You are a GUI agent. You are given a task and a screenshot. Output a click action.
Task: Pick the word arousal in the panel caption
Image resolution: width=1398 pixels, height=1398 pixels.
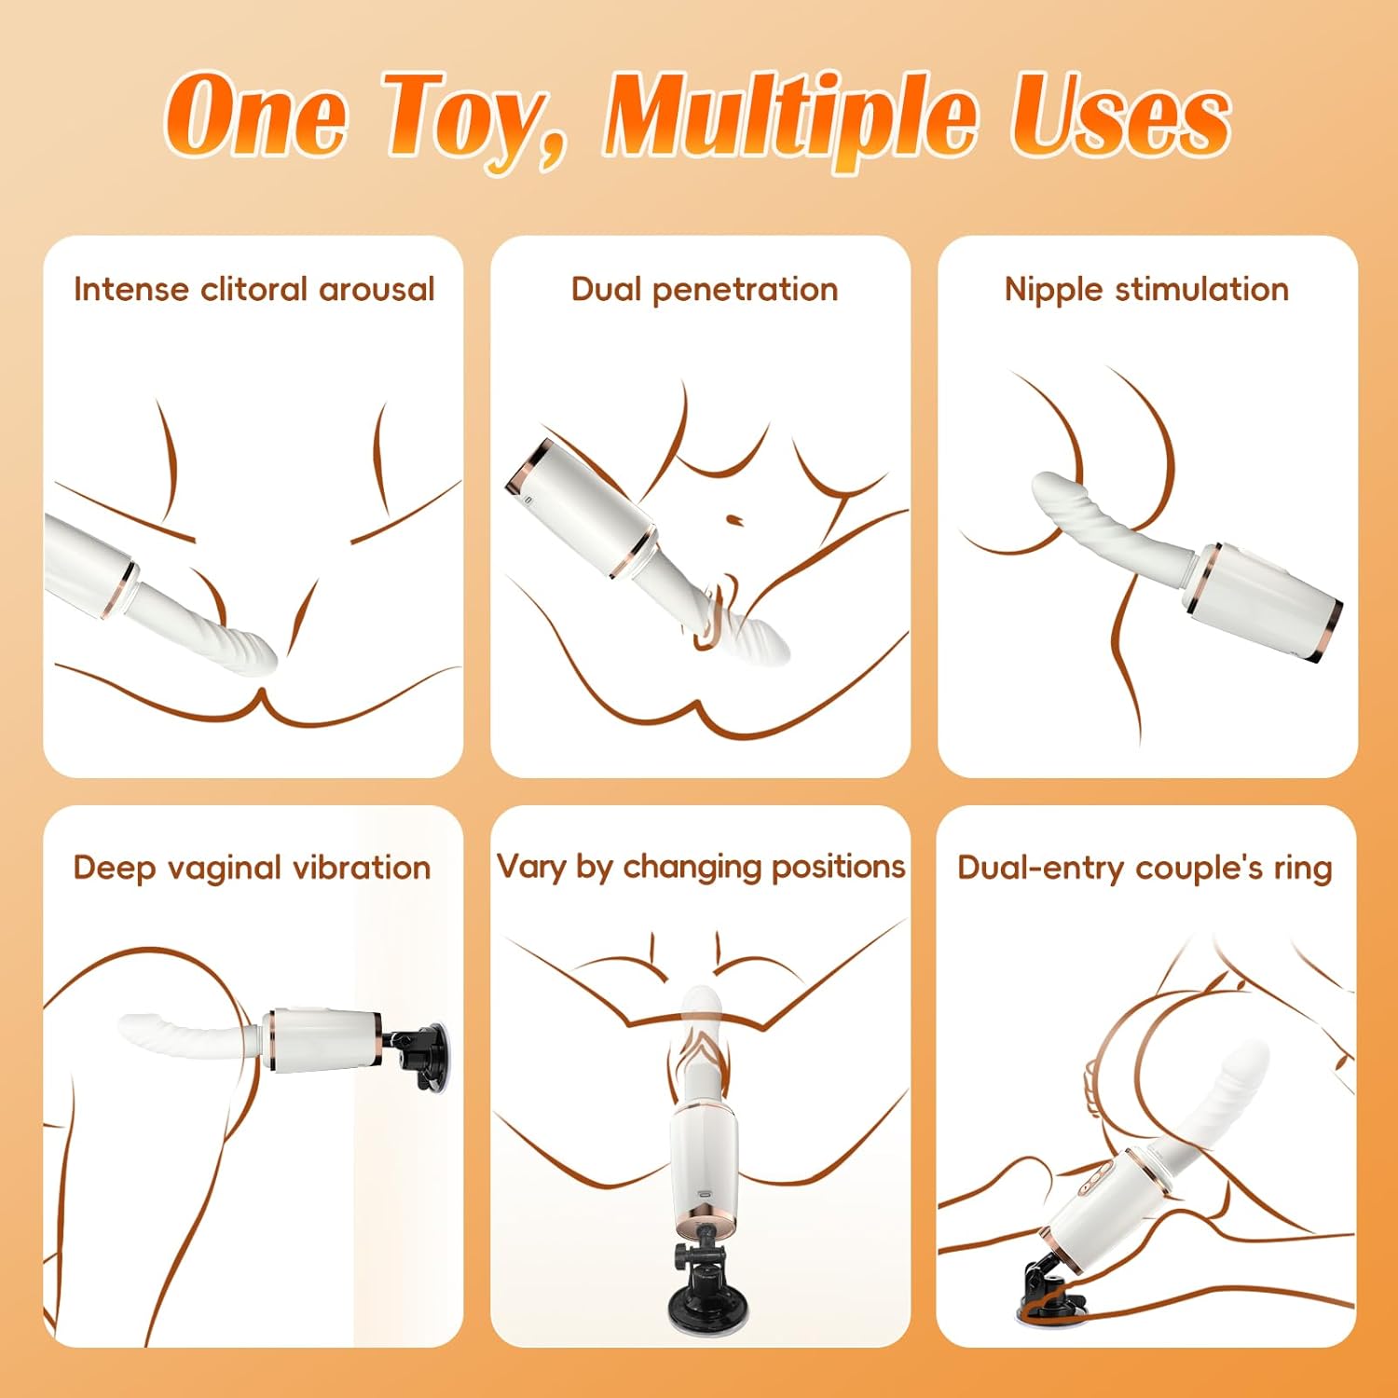[377, 290]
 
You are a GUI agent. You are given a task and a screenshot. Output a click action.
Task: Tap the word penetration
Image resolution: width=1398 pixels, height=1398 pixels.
[745, 290]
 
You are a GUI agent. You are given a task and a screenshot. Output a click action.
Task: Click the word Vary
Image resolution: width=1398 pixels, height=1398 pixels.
[532, 868]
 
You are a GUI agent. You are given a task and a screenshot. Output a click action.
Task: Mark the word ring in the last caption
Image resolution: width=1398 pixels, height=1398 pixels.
[1304, 870]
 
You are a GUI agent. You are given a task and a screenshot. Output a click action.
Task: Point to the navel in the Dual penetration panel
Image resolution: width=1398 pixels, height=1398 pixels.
[733, 518]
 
